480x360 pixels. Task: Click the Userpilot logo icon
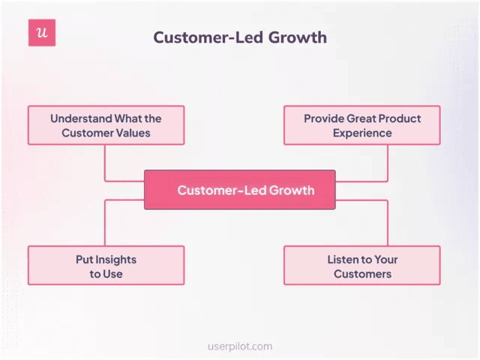coord(42,33)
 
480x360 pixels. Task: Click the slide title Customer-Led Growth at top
coord(240,37)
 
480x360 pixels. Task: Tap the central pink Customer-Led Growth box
coord(240,190)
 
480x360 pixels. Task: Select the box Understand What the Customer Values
coord(106,125)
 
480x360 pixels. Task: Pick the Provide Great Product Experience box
coord(362,125)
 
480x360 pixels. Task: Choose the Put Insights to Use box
coord(106,265)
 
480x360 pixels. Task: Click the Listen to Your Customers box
coord(362,265)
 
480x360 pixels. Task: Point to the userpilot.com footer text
coord(240,346)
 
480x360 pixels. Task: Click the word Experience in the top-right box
coord(363,133)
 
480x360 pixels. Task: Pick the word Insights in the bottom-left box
coord(115,259)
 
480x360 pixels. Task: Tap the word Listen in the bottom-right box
coord(343,259)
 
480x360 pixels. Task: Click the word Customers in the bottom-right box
coord(363,274)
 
